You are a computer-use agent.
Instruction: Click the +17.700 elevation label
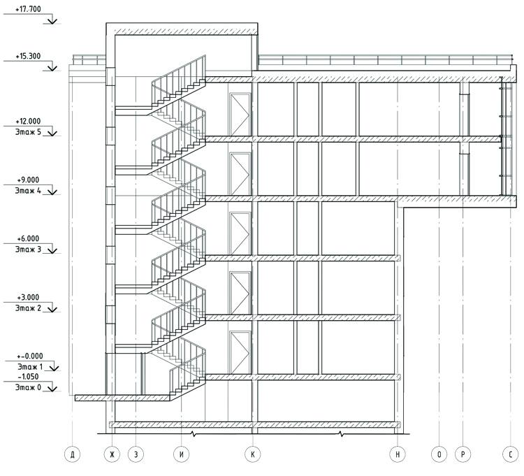pos(28,9)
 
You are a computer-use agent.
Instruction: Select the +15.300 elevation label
pos(28,56)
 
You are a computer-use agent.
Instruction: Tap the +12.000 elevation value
pos(28,122)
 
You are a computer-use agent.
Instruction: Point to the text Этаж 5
pos(28,132)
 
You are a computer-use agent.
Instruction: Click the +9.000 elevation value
pos(28,180)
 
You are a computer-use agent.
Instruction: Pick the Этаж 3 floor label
pos(28,250)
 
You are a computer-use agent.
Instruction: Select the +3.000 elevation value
pos(28,298)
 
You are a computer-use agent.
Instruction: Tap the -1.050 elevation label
pos(28,377)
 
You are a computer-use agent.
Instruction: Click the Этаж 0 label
pos(28,387)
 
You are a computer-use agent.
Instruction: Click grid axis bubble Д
pos(72,454)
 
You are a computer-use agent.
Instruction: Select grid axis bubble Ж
pos(112,454)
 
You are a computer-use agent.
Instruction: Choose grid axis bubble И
pos(182,454)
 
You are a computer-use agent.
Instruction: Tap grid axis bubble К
pos(252,454)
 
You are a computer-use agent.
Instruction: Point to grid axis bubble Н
pos(398,454)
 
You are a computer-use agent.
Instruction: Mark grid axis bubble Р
pos(463,454)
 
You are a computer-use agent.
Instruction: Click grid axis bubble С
pos(511,454)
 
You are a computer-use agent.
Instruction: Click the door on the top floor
pos(240,115)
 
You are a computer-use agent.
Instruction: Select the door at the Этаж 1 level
pos(240,353)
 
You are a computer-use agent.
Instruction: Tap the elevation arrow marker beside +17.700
pos(52,21)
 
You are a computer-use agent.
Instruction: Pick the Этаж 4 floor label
pos(28,191)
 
